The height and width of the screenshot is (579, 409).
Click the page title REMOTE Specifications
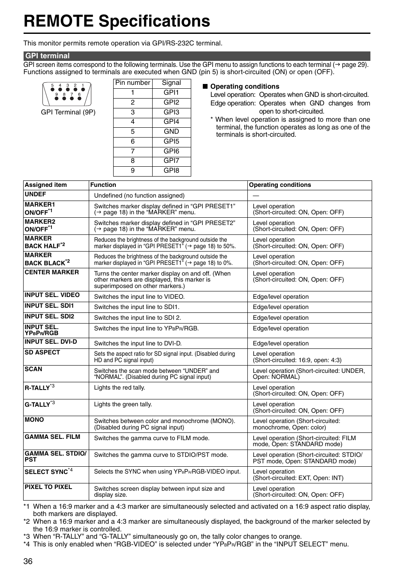tap(117, 21)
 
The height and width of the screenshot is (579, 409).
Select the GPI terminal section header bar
tap(197, 56)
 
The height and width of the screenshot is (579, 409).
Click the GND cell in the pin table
tap(171, 132)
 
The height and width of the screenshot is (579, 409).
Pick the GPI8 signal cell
tap(171, 171)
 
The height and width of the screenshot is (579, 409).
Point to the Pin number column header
tap(133, 83)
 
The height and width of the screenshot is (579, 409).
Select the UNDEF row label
tap(35, 194)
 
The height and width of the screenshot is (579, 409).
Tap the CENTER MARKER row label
tap(51, 272)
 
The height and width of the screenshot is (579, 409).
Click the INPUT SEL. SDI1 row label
tap(49, 306)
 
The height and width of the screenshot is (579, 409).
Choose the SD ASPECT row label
tap(42, 352)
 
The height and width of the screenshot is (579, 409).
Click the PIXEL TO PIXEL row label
tap(48, 487)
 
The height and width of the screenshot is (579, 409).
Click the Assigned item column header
tap(46, 185)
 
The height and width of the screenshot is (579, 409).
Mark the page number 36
tap(28, 562)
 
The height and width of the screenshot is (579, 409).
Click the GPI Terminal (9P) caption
tap(68, 112)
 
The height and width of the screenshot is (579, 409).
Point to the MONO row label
tap(34, 420)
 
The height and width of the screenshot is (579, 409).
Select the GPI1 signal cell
tap(171, 93)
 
